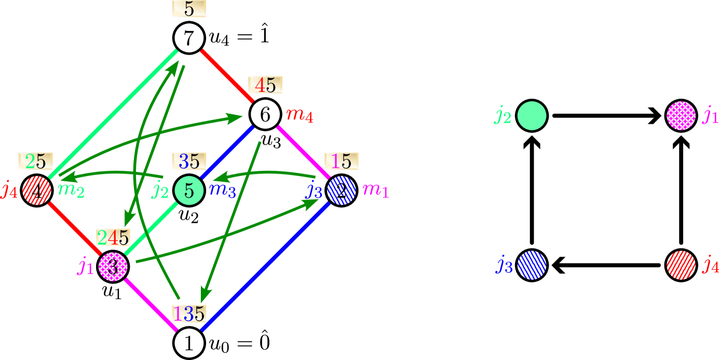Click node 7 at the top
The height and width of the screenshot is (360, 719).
tap(189, 38)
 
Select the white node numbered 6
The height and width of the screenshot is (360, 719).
tap(265, 115)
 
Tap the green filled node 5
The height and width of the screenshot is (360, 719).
tap(189, 191)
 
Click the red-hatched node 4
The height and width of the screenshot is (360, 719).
tap(37, 191)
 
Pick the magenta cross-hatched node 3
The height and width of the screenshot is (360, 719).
tap(113, 267)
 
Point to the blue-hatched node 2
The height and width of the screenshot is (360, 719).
tap(341, 191)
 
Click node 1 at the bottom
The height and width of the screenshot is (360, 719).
tap(189, 343)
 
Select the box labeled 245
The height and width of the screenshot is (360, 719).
tap(113, 237)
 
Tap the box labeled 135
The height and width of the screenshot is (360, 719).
tap(189, 313)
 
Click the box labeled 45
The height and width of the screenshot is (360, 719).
tap(265, 85)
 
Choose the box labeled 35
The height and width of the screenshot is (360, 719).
tap(189, 161)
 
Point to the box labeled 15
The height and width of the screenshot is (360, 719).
tap(342, 161)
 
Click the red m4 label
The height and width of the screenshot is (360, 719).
tap(300, 115)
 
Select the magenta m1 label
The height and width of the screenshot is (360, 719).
tap(376, 191)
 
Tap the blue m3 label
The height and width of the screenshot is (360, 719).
tap(222, 191)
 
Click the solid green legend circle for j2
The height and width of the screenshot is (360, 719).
tap(532, 115)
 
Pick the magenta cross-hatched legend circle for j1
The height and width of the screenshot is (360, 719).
tap(681, 115)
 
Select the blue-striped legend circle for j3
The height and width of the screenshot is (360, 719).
tap(532, 265)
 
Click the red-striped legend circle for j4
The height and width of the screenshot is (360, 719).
tap(681, 265)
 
